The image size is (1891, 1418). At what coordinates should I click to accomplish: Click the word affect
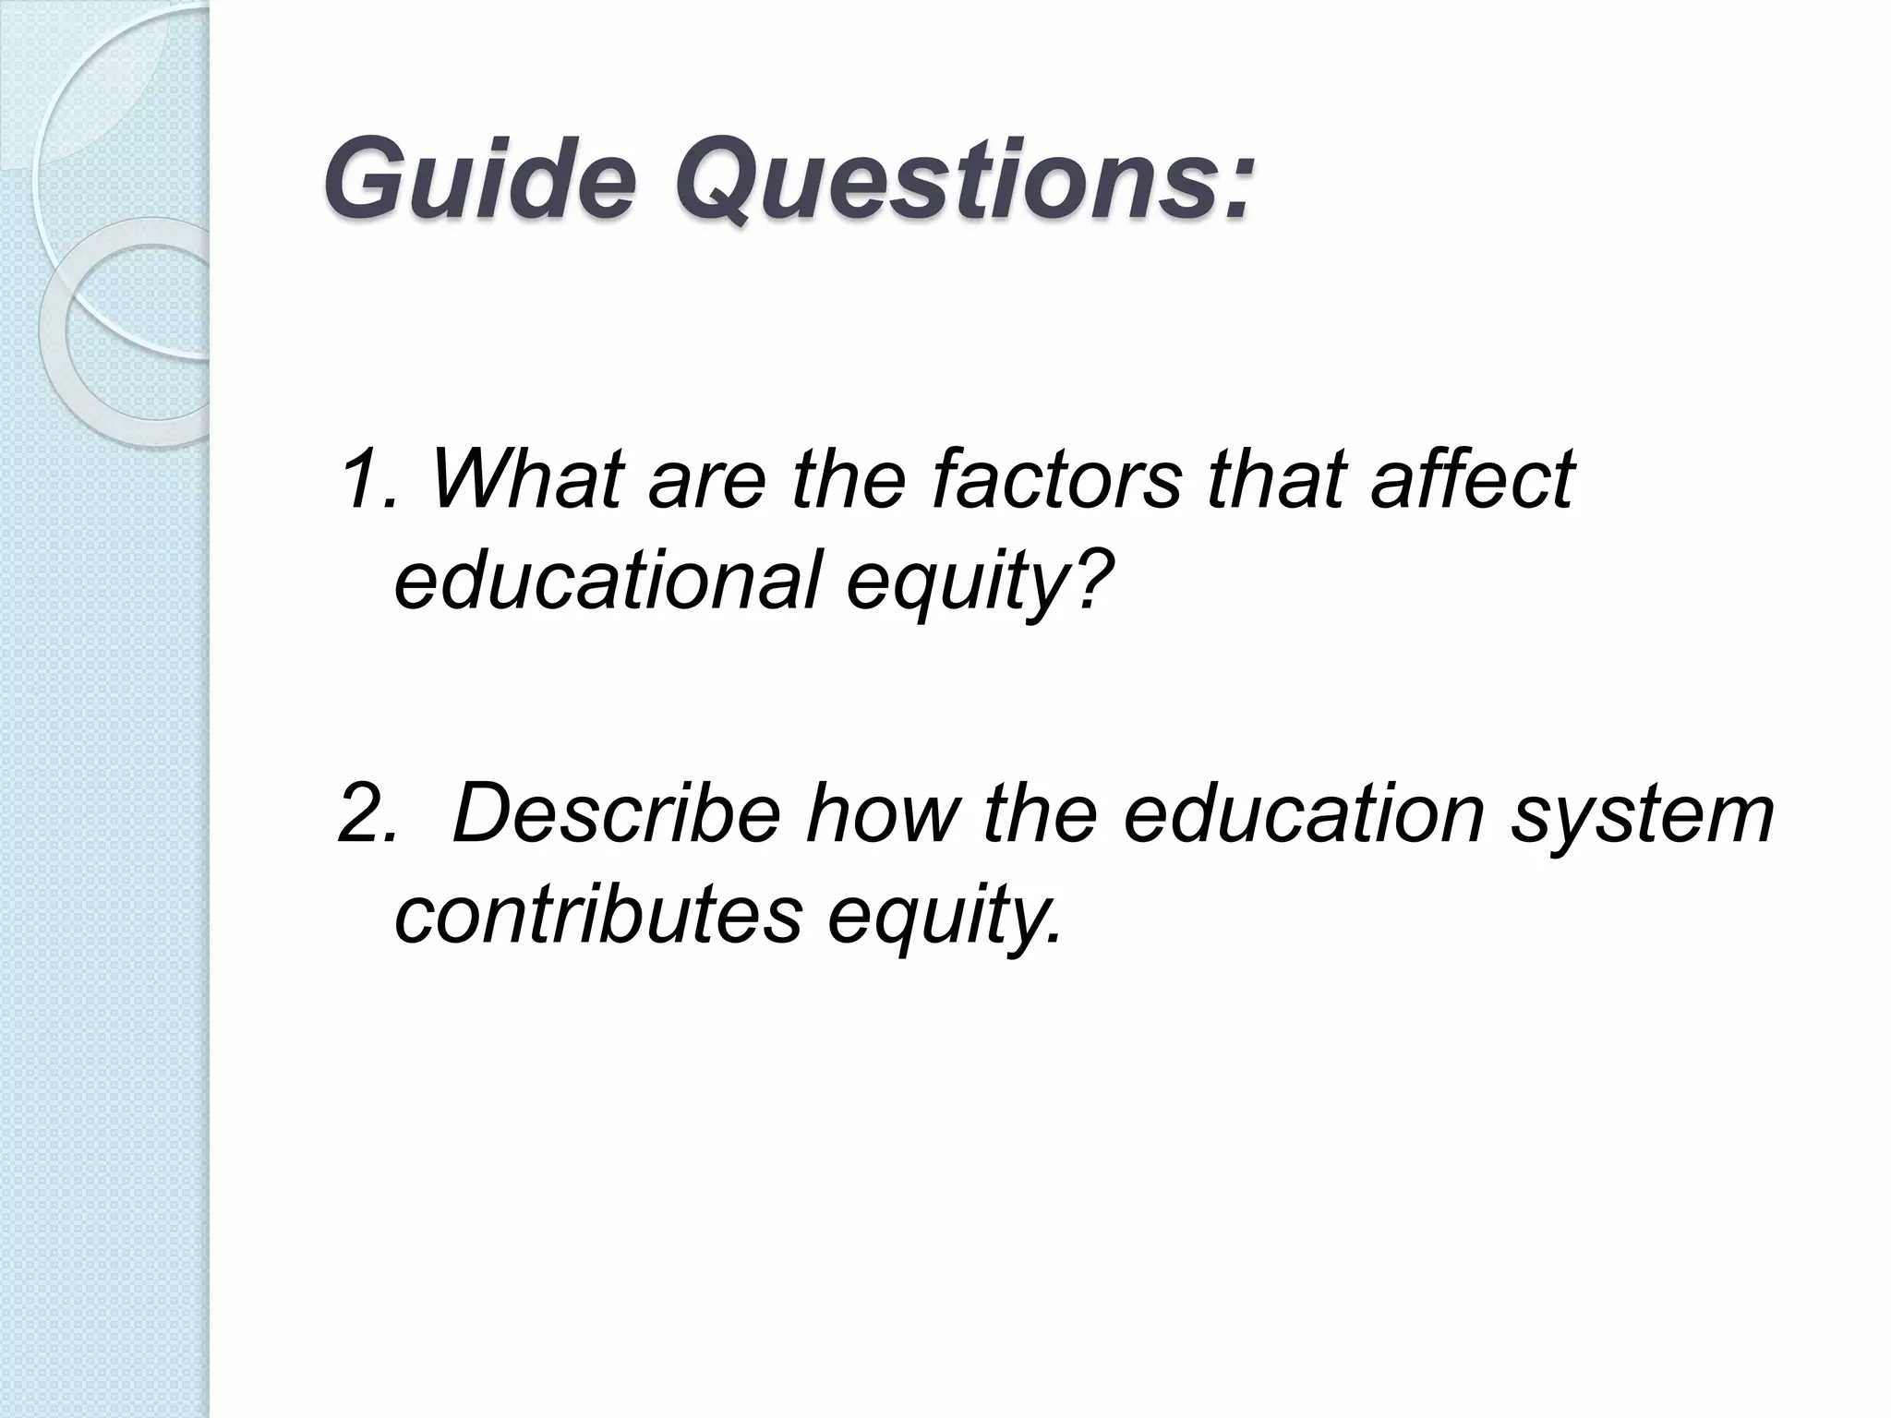[x=1473, y=478]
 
